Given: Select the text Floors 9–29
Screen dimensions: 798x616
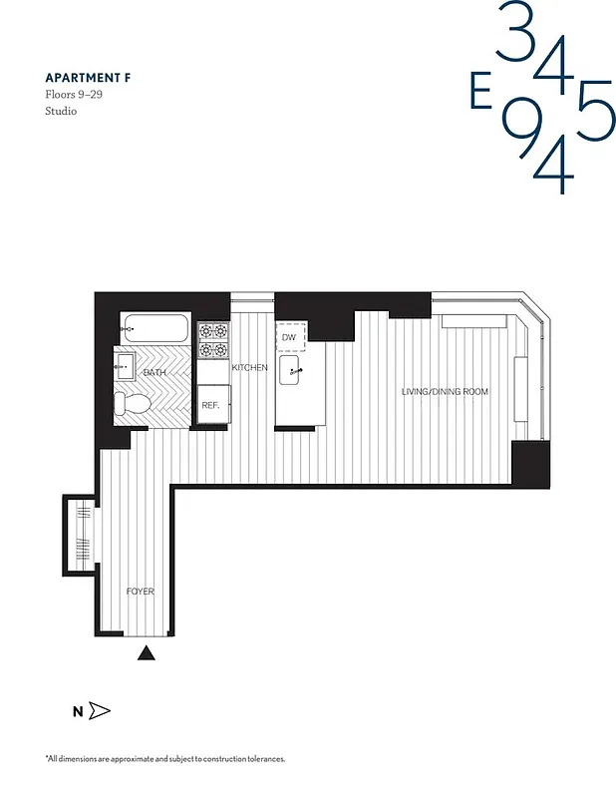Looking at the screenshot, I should (73, 94).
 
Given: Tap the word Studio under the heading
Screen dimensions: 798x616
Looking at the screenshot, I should (61, 111).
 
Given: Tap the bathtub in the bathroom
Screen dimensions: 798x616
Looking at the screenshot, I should (154, 328).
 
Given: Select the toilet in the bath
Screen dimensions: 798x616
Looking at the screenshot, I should (132, 404).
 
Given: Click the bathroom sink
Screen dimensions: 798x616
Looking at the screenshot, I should (125, 366).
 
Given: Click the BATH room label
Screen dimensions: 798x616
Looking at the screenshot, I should (154, 372).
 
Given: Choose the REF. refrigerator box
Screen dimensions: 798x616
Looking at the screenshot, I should (211, 405).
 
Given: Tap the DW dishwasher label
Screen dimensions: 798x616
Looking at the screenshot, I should (290, 337).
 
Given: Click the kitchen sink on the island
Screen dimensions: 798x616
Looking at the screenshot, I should (292, 375).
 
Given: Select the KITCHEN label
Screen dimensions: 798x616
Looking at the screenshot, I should (249, 368).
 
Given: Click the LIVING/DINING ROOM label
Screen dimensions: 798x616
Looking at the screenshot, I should (445, 392).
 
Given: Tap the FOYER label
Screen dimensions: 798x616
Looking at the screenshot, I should (140, 592).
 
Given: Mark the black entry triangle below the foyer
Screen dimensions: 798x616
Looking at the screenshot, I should (147, 653).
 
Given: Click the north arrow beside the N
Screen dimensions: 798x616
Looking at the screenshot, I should (99, 711).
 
